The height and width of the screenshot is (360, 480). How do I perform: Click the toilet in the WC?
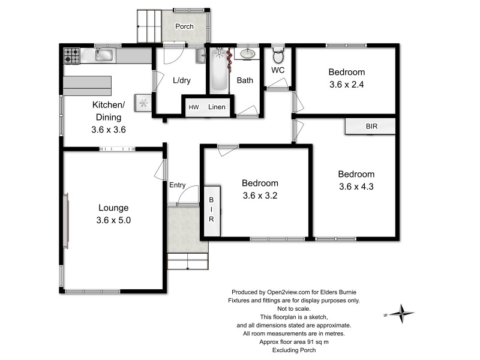click(x=277, y=58)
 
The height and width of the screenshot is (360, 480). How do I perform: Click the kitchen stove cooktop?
click(x=72, y=56)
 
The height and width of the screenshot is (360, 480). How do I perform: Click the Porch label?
click(x=184, y=27)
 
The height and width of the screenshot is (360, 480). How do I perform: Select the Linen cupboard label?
click(x=217, y=107)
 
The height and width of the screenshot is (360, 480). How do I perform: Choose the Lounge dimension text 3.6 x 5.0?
click(x=113, y=220)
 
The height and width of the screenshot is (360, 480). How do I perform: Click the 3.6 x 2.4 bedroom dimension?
click(x=347, y=85)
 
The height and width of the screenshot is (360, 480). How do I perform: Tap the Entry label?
click(x=177, y=185)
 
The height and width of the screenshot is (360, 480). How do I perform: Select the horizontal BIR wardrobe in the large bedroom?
click(x=370, y=127)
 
